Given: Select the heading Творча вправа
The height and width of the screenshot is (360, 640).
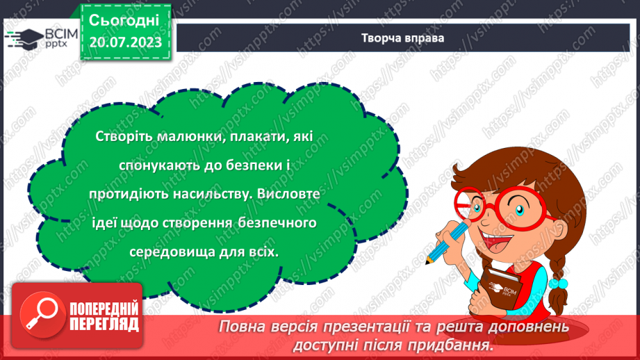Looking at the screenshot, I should click(x=403, y=38).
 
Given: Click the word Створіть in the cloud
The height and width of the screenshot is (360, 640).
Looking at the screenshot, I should click(x=125, y=138).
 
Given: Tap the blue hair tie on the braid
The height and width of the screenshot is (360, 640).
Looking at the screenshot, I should click(x=558, y=284).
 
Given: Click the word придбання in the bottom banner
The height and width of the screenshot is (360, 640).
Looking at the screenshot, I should click(x=454, y=343).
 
